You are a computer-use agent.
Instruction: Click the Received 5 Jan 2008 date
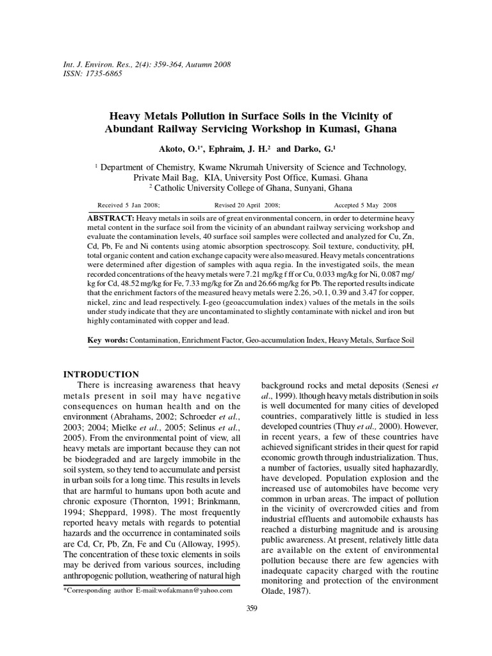click(x=128, y=206)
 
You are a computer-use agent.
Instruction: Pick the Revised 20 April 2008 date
click(x=247, y=206)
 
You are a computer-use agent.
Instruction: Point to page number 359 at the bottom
click(x=251, y=609)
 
